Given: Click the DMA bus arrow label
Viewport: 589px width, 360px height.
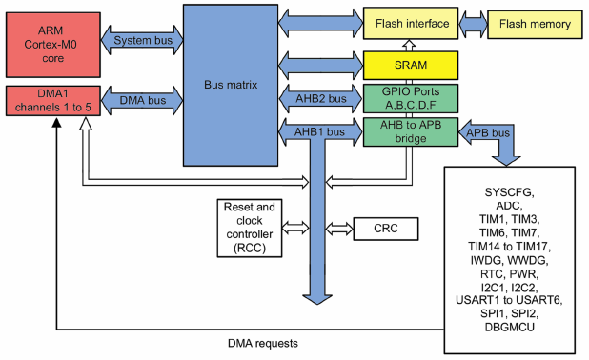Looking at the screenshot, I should (x=140, y=99).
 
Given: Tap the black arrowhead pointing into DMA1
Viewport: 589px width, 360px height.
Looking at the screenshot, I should (x=57, y=129).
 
